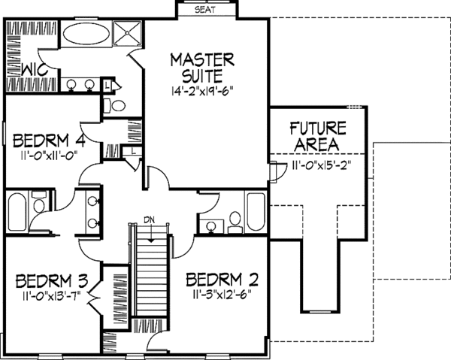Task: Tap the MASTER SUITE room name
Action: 201,67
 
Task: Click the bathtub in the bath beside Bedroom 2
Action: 256,212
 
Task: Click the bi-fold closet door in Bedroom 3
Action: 92,301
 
